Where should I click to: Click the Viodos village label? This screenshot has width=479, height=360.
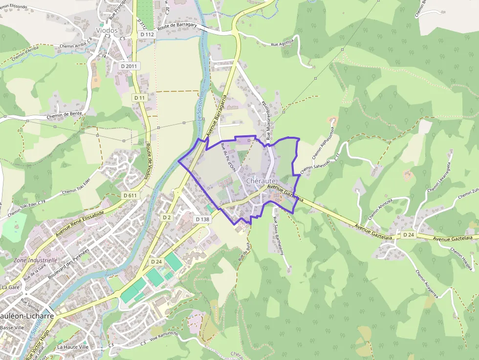point(107,30)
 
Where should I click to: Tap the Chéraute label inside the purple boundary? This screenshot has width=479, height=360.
point(261,181)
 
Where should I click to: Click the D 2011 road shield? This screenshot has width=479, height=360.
point(130,66)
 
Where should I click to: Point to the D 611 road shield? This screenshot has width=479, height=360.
point(131,195)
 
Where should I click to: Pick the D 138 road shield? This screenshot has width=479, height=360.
point(202,219)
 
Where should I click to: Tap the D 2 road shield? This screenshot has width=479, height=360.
point(167,217)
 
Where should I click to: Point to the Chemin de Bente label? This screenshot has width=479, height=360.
point(64,115)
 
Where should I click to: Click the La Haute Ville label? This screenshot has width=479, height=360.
point(73,347)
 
